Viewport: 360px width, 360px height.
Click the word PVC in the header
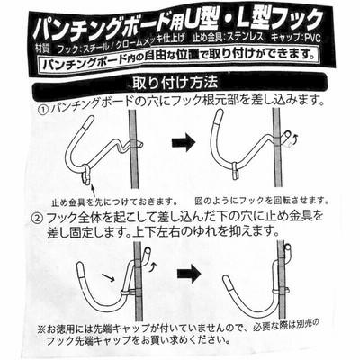(312, 38)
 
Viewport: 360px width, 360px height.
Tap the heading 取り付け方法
(175, 83)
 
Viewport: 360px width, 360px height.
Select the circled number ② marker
(37, 218)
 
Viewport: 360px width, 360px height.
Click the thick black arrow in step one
(184, 142)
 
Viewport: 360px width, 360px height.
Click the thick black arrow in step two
(188, 274)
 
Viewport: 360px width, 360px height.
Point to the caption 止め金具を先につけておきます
(114, 200)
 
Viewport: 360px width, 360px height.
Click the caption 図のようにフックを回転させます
(262, 200)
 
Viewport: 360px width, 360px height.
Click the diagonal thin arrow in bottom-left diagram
(108, 277)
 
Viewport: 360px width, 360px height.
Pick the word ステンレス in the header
(246, 38)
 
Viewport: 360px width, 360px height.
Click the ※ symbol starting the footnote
(41, 329)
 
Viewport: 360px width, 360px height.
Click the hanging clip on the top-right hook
(237, 170)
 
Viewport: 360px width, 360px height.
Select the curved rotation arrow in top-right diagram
(295, 139)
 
